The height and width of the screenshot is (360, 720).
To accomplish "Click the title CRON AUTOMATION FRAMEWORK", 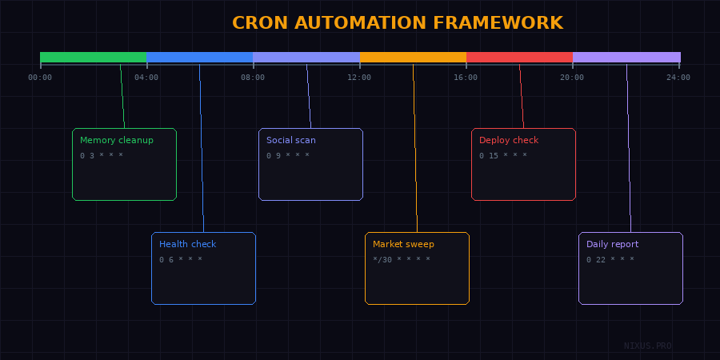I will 398,22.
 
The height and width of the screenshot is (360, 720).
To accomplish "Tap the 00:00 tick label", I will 40,78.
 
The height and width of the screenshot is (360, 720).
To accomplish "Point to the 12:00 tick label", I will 359,78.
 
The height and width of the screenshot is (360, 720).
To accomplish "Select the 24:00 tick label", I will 678,78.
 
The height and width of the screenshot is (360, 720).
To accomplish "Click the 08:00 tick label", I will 253,78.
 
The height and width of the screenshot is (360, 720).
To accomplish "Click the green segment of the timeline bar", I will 94,58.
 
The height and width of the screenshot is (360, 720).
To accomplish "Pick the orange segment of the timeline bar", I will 413,58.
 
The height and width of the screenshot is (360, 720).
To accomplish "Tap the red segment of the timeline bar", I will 519,58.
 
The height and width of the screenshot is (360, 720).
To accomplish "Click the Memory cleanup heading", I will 117,140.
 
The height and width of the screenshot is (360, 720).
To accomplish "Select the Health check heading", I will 187,244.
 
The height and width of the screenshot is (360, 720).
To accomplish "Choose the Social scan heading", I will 291,140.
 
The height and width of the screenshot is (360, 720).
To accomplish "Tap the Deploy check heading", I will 509,140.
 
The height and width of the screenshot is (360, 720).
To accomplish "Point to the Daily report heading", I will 613,244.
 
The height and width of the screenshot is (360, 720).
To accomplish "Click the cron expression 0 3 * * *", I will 102,155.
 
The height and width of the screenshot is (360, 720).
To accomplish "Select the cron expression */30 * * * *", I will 402,259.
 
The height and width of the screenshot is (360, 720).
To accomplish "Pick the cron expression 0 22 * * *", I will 610,259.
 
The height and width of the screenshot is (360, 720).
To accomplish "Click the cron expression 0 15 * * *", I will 503,155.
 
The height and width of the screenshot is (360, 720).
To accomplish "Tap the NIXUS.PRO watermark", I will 648,346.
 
